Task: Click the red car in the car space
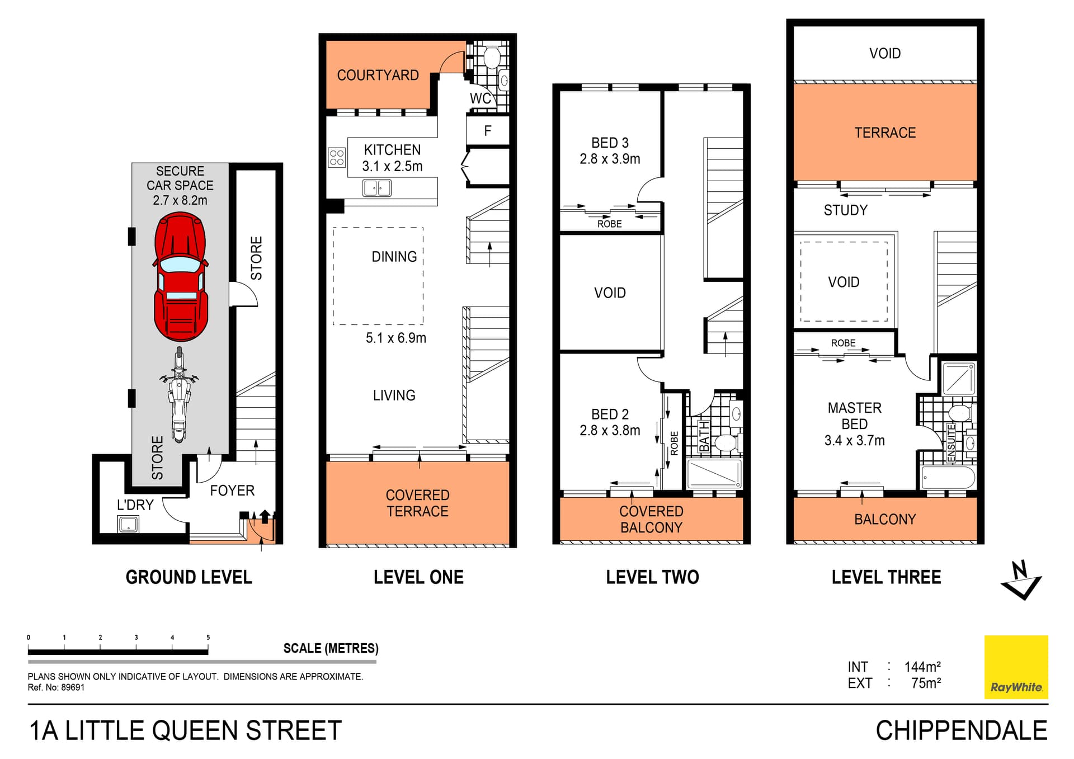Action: (x=180, y=277)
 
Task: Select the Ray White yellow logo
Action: (x=1016, y=667)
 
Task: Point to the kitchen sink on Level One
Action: (x=377, y=188)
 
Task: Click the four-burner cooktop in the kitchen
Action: (x=337, y=158)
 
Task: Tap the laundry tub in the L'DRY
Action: (x=128, y=524)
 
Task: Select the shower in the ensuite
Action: (x=959, y=379)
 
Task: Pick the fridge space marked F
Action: (x=488, y=131)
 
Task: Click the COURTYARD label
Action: (x=378, y=75)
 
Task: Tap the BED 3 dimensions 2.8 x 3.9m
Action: (x=610, y=159)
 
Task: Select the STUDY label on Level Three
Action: (x=845, y=210)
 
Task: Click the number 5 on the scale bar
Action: (x=208, y=637)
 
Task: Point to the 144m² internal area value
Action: (x=922, y=667)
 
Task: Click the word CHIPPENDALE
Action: (x=961, y=730)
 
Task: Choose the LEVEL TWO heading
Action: (x=652, y=577)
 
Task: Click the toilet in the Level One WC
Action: (x=492, y=58)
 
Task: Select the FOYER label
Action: (x=232, y=491)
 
